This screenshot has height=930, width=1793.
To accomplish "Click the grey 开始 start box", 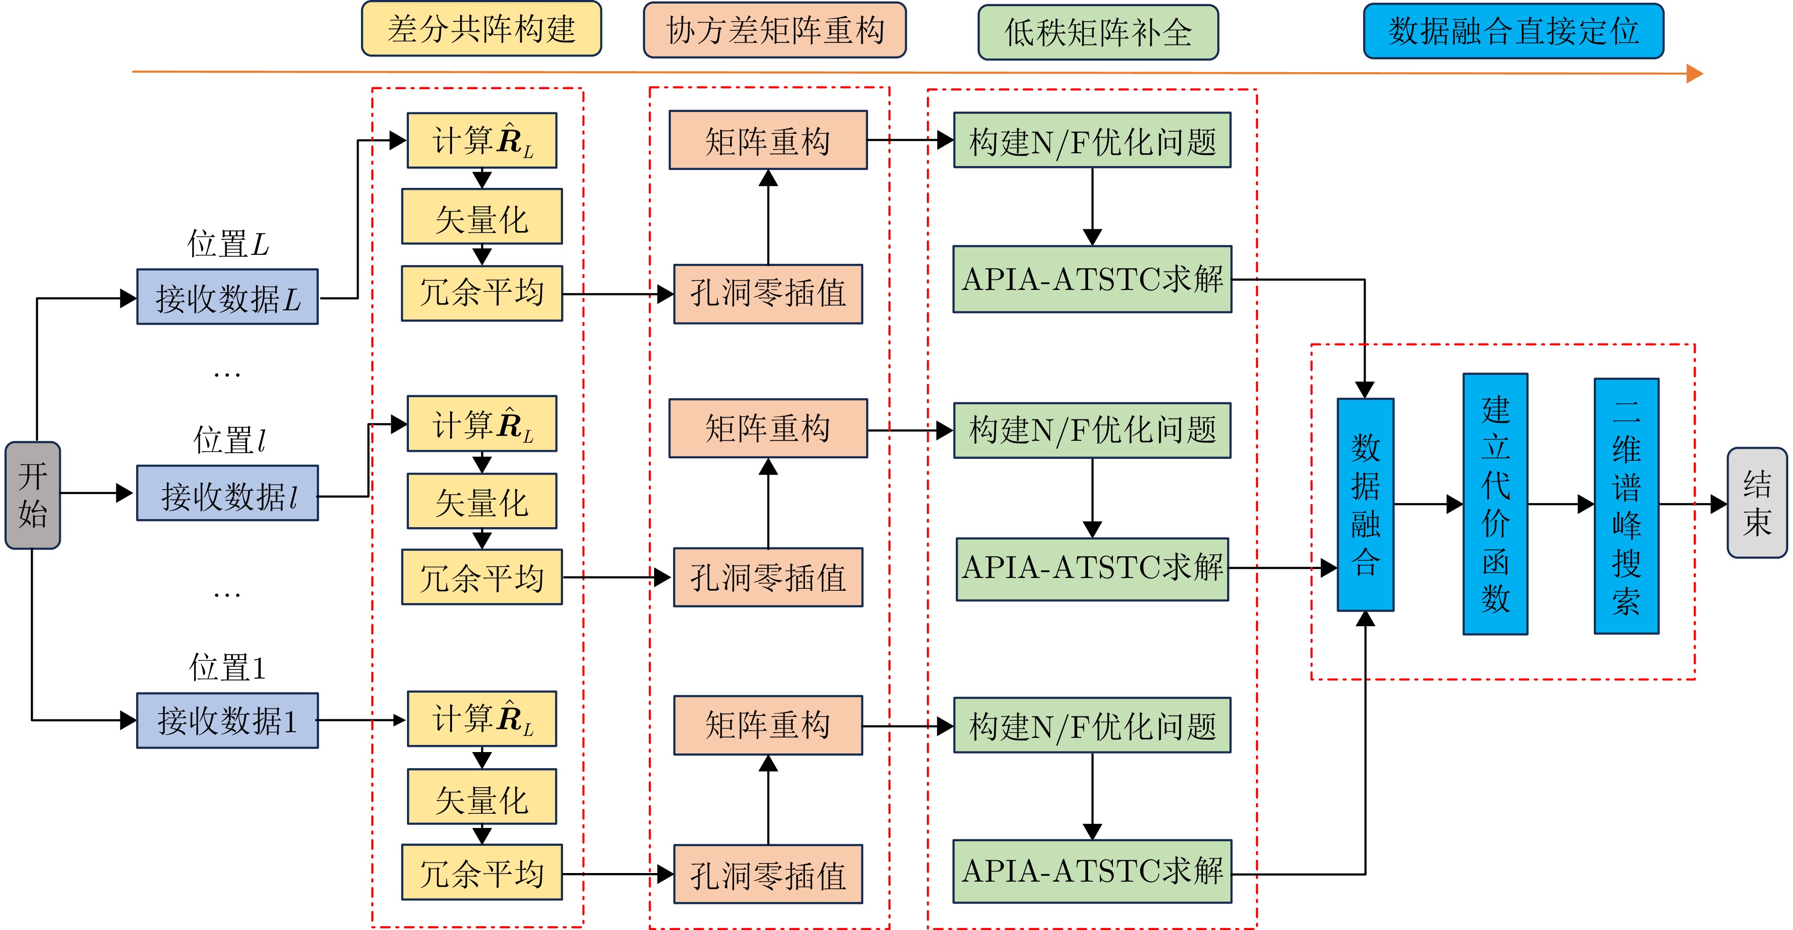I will [x=33, y=495].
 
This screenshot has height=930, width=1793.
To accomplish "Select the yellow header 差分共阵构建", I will [x=481, y=29].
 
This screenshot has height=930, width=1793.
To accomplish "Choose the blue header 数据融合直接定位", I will [x=1513, y=31].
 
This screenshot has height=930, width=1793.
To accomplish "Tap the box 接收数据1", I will [x=228, y=720].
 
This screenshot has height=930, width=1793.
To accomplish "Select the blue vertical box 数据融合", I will [x=1365, y=505].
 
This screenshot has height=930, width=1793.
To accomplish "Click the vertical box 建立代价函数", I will [x=1495, y=504].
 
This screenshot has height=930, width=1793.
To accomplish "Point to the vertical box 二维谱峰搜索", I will [x=1626, y=506].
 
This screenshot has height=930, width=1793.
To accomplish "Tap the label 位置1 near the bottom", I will [x=228, y=668].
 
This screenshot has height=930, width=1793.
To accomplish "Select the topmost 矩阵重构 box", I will [x=768, y=140].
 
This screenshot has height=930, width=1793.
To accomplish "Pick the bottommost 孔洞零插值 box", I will [x=768, y=874].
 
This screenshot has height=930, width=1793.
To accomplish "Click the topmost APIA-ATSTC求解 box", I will [x=1092, y=279].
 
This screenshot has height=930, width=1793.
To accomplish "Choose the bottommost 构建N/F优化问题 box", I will [x=1092, y=725].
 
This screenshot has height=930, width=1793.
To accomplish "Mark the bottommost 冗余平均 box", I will [x=481, y=872].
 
